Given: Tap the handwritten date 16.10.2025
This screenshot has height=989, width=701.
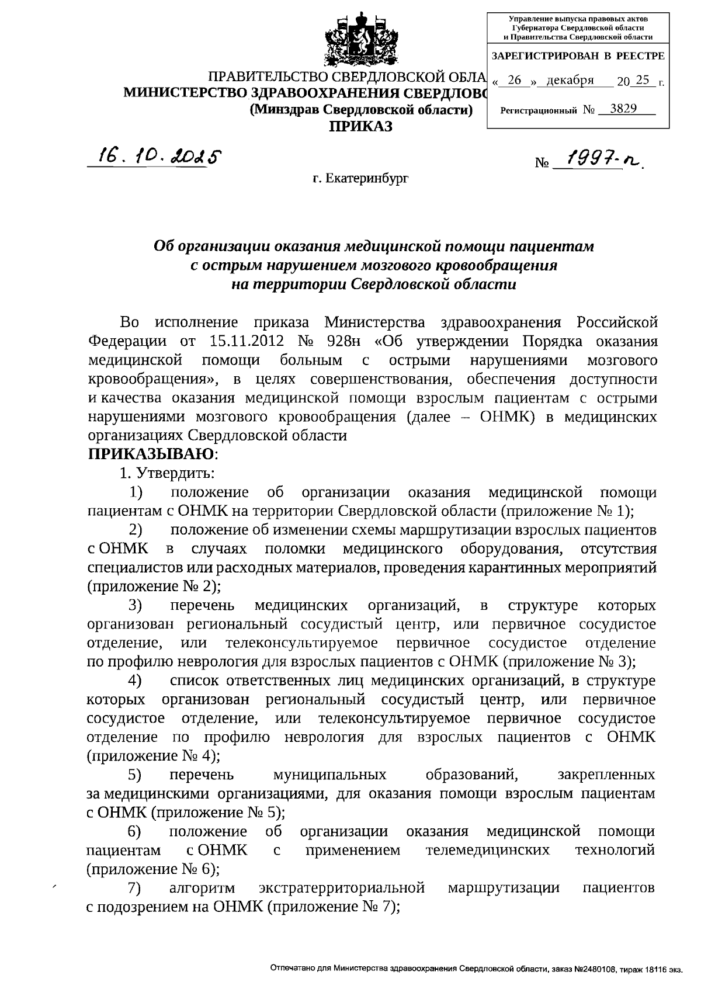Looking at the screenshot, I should pyautogui.click(x=153, y=156).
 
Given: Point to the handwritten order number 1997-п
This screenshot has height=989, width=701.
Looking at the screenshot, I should pyautogui.click(x=596, y=159).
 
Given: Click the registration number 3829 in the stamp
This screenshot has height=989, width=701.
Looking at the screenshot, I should pyautogui.click(x=623, y=109).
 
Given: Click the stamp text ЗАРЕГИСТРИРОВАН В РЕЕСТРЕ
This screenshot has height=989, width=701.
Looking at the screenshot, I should pyautogui.click(x=578, y=57).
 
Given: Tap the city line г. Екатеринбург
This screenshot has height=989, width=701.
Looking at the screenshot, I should pyautogui.click(x=360, y=178).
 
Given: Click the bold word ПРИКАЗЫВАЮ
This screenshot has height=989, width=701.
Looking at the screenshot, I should pyautogui.click(x=150, y=454).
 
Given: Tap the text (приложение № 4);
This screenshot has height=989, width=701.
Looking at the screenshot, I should pyautogui.click(x=153, y=756).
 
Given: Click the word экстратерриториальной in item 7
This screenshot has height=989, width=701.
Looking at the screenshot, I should pyautogui.click(x=341, y=889).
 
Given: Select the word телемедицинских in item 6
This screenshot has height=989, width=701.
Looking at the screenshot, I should pyautogui.click(x=488, y=850).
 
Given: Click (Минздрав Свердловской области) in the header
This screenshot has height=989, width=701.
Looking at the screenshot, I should pyautogui.click(x=360, y=109).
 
